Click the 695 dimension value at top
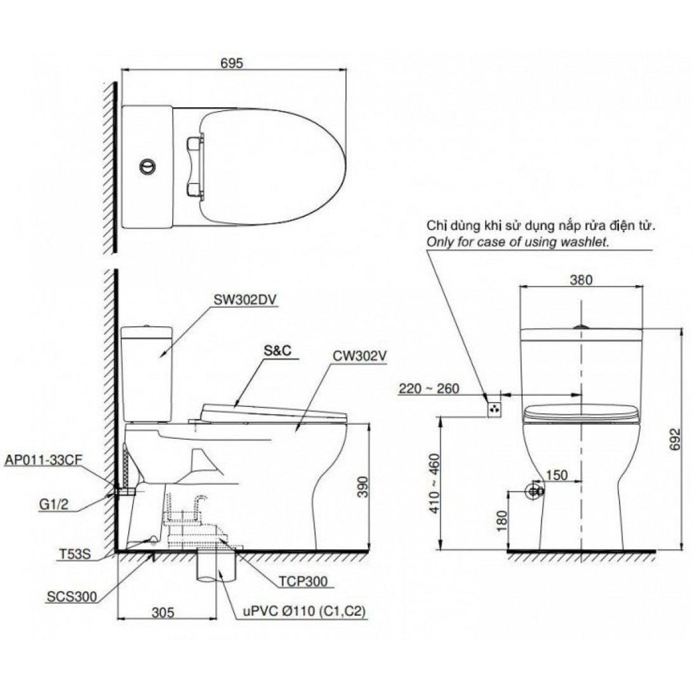[x=232, y=63]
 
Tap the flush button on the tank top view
[x=147, y=166]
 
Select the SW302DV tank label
[x=245, y=300]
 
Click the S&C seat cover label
[x=277, y=350]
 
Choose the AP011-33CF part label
[x=44, y=460]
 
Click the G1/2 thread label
[x=53, y=504]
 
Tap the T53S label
[x=75, y=554]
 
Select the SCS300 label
[x=72, y=597]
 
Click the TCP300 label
[x=303, y=582]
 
